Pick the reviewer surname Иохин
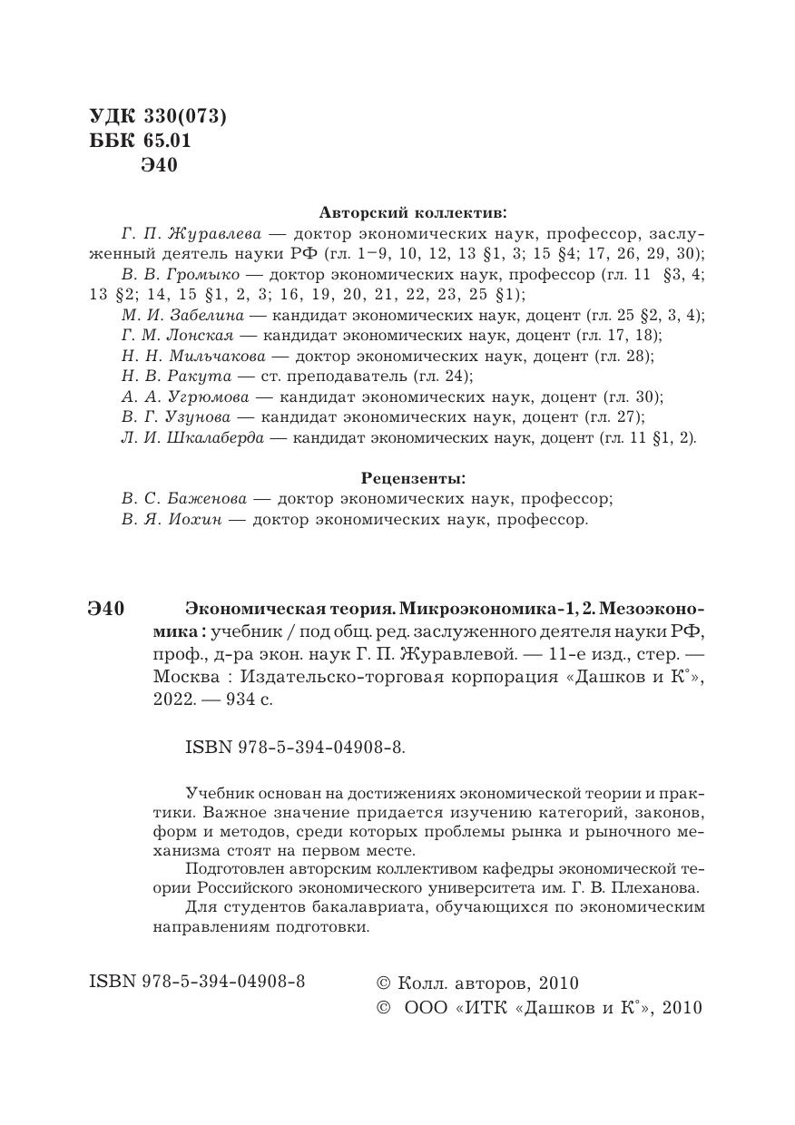pos(198,520)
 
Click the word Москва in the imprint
pos(181,678)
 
